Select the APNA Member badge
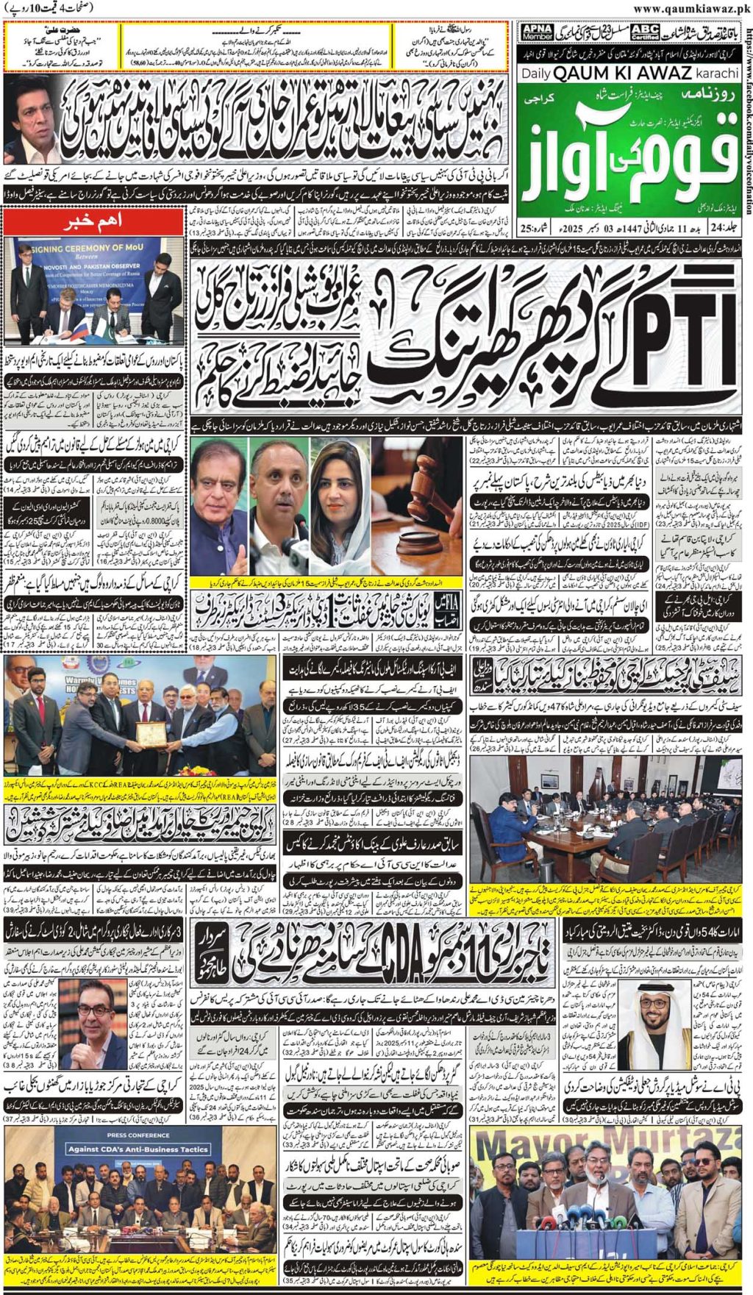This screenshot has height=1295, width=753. (537, 32)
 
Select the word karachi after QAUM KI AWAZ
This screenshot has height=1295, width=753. (716, 73)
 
